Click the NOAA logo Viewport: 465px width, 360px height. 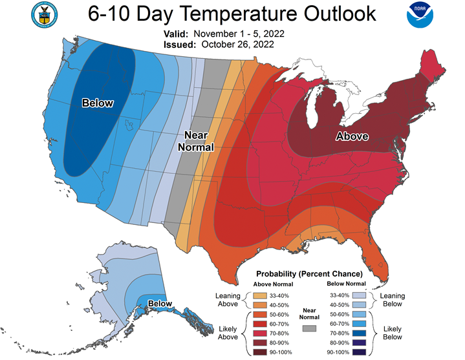click(x=420, y=15)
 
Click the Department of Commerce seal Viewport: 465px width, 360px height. click(x=45, y=15)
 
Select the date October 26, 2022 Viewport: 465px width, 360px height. click(x=237, y=45)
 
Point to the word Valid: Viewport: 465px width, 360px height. click(x=176, y=34)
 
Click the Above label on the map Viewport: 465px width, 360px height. click(x=352, y=136)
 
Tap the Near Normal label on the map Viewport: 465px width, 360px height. click(x=196, y=141)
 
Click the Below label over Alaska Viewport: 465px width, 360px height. click(x=160, y=304)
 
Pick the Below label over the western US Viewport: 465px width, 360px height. click(x=98, y=103)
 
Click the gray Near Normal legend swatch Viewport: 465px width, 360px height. click(x=309, y=328)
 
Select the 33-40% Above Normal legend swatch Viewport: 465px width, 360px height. click(x=260, y=296)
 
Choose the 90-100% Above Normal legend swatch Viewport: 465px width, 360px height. click(x=260, y=352)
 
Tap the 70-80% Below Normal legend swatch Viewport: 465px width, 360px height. click(x=359, y=334)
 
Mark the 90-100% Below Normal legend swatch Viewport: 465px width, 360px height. click(x=359, y=352)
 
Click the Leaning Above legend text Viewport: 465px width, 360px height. click(x=228, y=300)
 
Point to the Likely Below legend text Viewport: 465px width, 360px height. click(x=393, y=333)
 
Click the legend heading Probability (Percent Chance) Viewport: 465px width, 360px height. click(x=309, y=274)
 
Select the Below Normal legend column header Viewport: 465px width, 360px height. click(x=347, y=284)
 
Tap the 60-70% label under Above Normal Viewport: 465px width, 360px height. click(x=279, y=324)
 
